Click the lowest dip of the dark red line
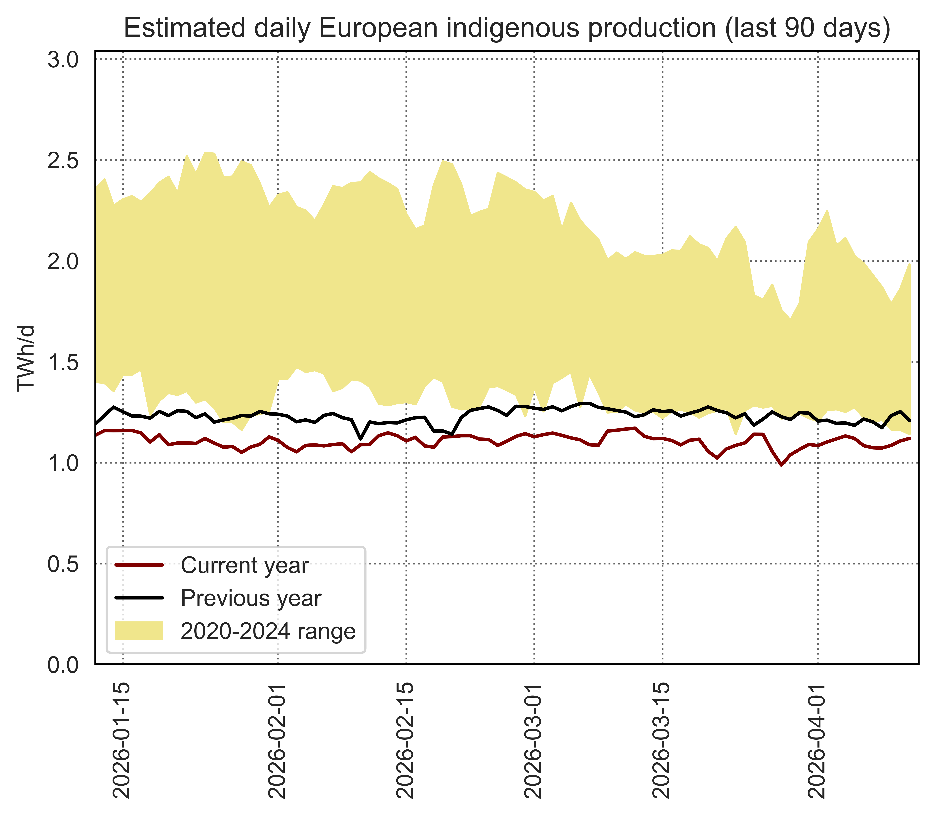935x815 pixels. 781,465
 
